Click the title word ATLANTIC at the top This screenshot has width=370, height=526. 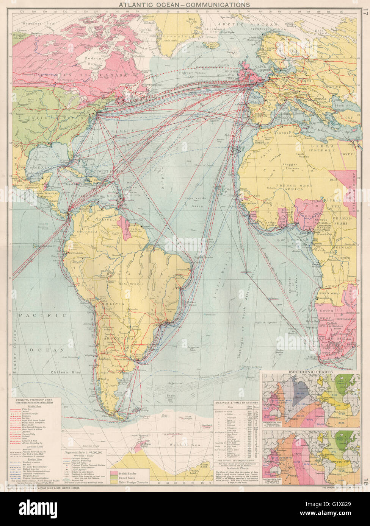pos(136,5)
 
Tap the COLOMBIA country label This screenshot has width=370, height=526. pos(86,231)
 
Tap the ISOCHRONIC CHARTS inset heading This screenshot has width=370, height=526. pos(311,372)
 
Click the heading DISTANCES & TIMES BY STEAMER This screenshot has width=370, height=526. pos(236,403)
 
